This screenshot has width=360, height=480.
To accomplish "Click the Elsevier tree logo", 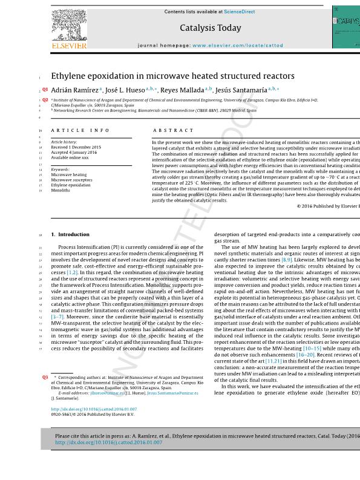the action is click(x=69, y=25).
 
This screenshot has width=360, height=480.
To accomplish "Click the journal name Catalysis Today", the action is click(x=210, y=28).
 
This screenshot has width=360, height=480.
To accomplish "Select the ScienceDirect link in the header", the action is click(x=240, y=12).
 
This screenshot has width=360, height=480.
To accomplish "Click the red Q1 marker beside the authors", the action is click(x=45, y=90).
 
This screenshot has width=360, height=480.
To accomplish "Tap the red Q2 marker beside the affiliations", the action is click(x=45, y=100).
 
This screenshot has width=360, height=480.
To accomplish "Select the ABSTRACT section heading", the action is click(x=174, y=130).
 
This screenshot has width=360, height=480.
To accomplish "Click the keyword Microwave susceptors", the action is click(x=71, y=180).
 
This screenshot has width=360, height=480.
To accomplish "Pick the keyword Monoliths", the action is click(x=61, y=191).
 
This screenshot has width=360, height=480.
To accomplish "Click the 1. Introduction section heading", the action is click(x=70, y=234).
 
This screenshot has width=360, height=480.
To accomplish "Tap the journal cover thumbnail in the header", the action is click(x=345, y=27).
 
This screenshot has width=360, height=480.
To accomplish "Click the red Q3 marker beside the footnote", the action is click(x=45, y=377).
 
